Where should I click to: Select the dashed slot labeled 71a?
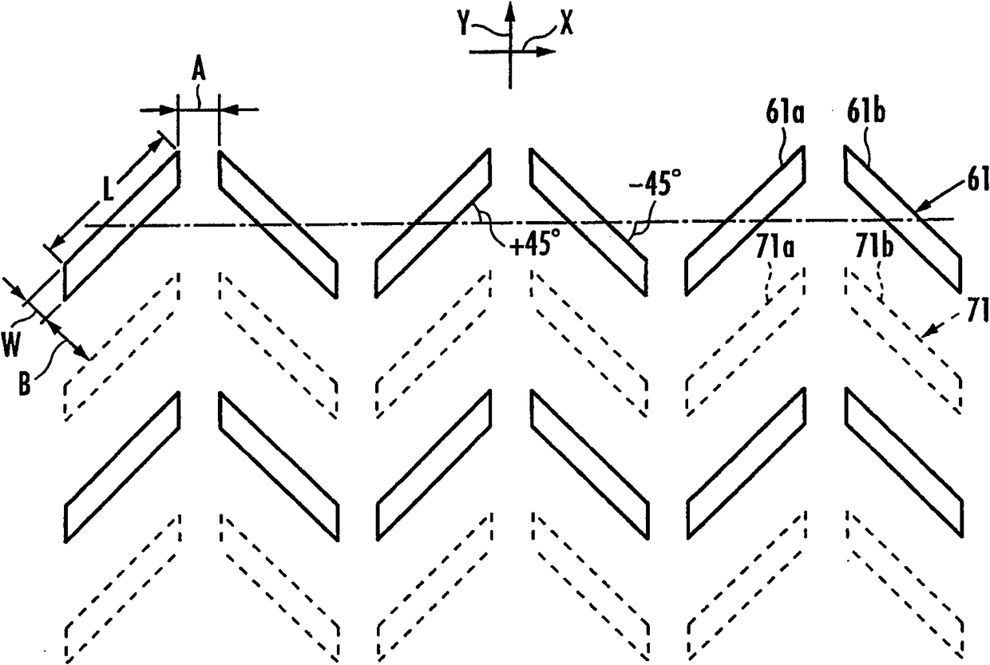pos(744,343)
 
